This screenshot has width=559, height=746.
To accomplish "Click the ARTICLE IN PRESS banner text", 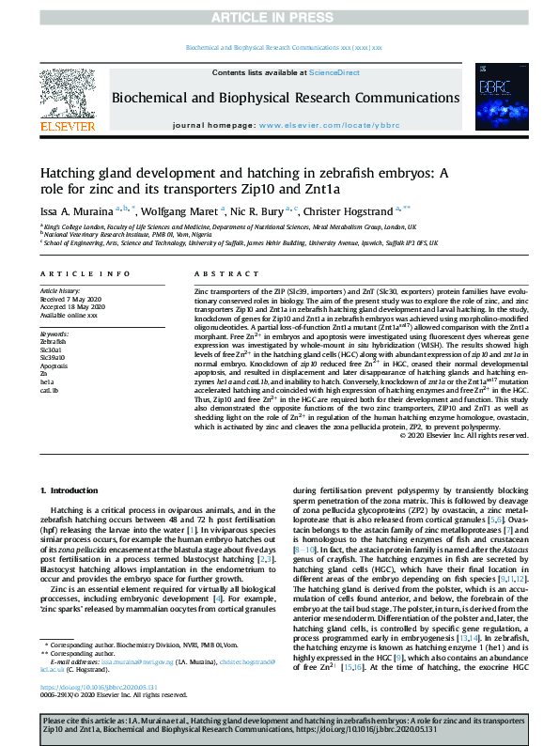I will tap(279, 17).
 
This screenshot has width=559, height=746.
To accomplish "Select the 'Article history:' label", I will tap(61, 291).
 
